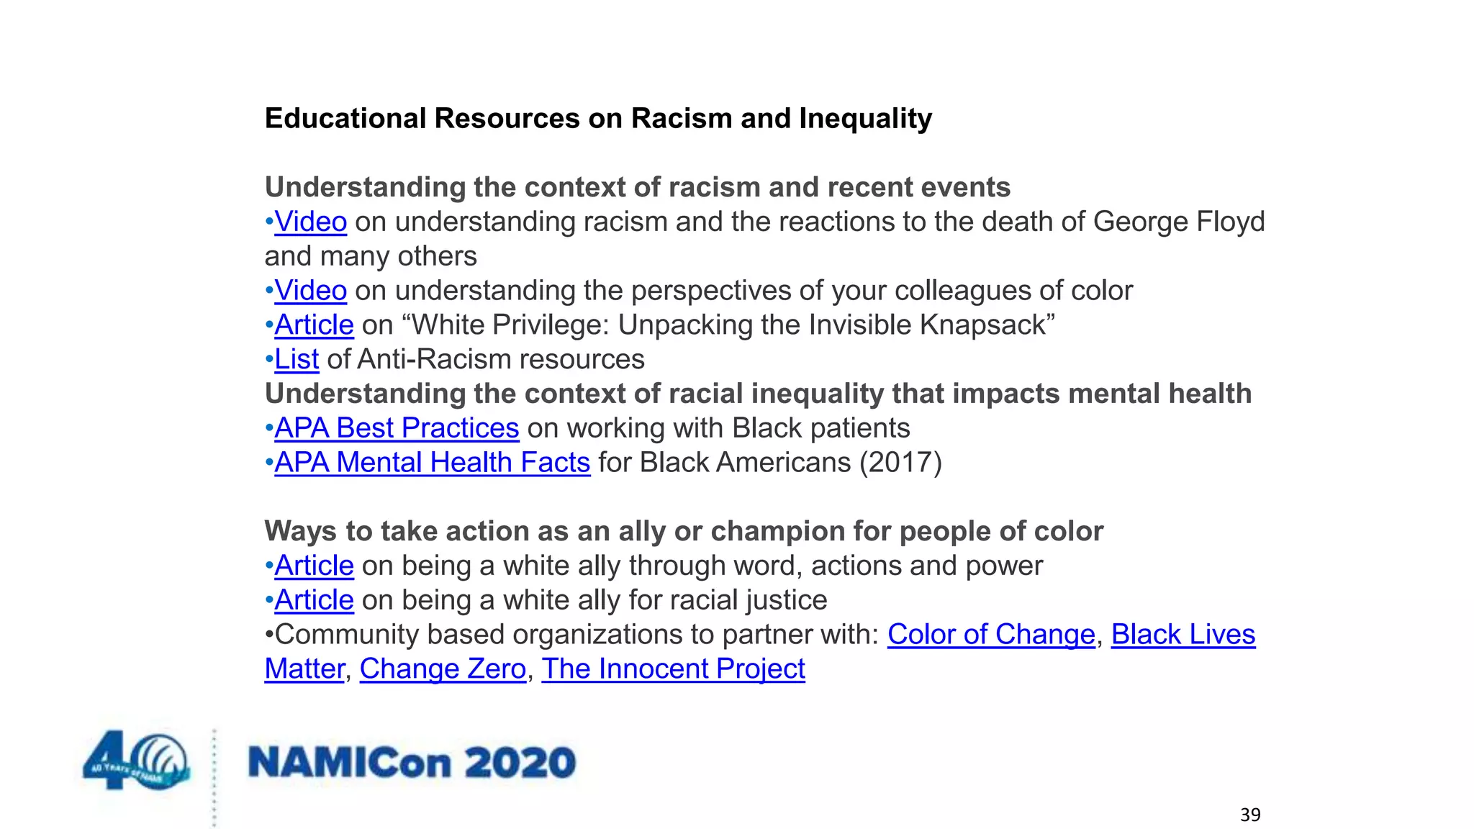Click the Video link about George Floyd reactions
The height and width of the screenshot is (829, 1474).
[310, 222]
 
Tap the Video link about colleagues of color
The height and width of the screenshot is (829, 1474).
[310, 291]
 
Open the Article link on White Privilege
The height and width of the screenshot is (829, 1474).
[314, 325]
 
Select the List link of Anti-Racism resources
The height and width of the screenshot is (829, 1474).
[296, 359]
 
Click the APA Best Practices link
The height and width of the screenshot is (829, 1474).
[397, 428]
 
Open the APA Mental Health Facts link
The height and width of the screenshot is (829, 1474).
[432, 463]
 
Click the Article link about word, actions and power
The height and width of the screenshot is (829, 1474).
[314, 566]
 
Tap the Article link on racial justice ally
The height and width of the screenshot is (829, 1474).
[314, 600]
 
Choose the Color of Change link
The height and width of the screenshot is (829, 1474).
[990, 635]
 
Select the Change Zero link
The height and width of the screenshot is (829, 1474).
[443, 669]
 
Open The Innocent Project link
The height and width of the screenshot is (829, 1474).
[673, 669]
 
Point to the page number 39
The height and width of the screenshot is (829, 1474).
[1250, 815]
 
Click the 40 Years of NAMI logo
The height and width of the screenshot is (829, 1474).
[137, 760]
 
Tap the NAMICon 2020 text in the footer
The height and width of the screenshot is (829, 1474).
[412, 763]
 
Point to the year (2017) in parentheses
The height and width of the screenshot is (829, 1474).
[900, 463]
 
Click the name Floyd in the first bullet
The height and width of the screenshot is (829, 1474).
[1230, 222]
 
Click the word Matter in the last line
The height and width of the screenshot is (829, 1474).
[304, 669]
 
